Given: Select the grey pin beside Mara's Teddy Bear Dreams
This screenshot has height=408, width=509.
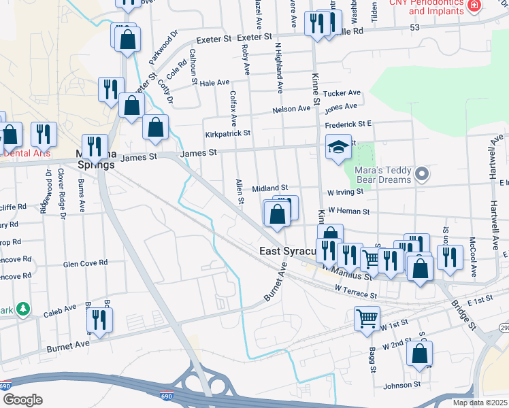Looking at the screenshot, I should [x=422, y=175].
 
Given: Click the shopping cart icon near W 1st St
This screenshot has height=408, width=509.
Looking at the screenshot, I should [x=367, y=317].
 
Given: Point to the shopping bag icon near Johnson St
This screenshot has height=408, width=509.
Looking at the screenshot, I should [x=421, y=354].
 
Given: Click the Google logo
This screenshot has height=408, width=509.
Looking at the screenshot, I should [x=22, y=400].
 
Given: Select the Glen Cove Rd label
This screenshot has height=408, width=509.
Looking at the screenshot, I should [x=85, y=263].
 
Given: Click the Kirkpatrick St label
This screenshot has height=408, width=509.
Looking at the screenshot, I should [x=228, y=134].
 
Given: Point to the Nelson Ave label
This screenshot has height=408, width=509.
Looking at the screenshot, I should [x=291, y=109].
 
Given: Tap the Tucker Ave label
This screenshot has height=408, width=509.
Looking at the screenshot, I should [x=342, y=93].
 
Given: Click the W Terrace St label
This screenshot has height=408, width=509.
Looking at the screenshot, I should [x=355, y=292].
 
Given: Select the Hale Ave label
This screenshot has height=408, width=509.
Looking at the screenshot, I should [x=214, y=82].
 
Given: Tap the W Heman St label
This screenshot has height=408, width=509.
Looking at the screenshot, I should [x=348, y=211].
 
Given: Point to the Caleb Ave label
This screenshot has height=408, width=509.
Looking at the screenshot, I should [x=60, y=309].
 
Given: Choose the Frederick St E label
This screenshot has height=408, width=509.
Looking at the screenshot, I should [x=348, y=125].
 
